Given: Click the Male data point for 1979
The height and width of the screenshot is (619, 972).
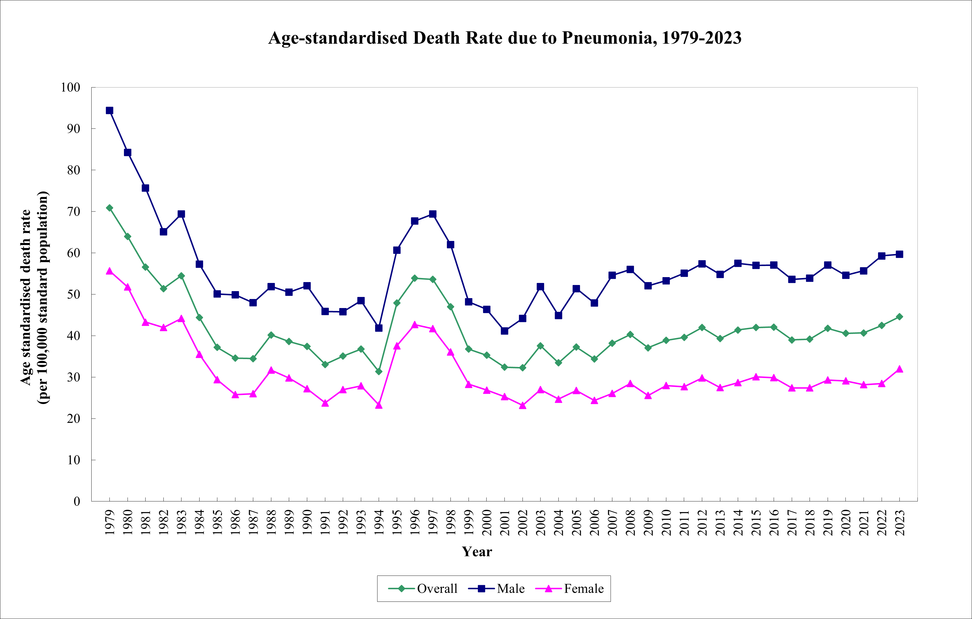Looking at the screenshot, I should (x=109, y=111).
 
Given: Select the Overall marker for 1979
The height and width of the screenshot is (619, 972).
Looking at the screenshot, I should (x=109, y=208).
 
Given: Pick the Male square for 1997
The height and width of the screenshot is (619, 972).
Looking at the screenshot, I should (x=433, y=214).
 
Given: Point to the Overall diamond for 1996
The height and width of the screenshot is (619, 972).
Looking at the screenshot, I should (x=415, y=278).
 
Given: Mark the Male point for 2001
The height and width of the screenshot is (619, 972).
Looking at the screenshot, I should (x=505, y=331).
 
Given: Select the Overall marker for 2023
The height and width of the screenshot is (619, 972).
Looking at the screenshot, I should (x=899, y=317).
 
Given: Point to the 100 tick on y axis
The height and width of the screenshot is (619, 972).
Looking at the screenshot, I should (x=71, y=87).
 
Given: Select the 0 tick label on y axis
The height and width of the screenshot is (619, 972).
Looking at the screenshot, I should (x=77, y=501).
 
